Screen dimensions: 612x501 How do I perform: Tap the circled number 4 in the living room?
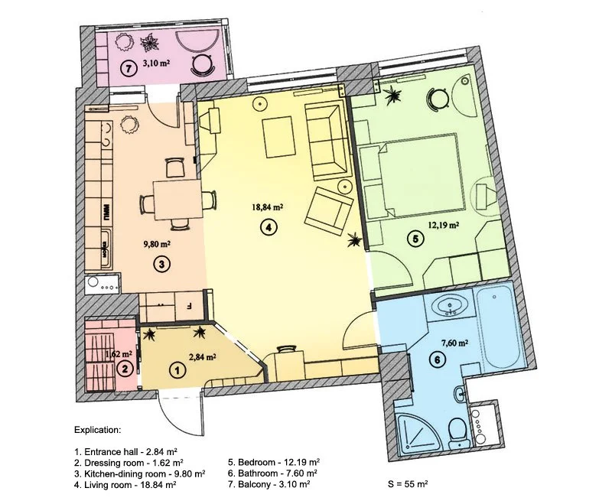[x=269, y=227]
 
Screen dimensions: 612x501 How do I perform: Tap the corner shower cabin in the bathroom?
[x=418, y=433]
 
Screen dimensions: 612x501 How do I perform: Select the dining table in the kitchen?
[x=178, y=200]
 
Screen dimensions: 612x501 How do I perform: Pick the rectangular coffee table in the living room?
[x=278, y=137]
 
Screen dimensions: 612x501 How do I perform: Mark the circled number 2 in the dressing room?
[x=125, y=369]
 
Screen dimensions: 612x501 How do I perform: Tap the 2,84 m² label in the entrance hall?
[x=203, y=356]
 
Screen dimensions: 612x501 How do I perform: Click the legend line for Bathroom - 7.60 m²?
[x=272, y=473]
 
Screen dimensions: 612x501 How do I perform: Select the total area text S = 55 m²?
[x=408, y=484]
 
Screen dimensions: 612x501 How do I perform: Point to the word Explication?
[x=98, y=431]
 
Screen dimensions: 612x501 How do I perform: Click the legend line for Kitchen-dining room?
[x=140, y=473]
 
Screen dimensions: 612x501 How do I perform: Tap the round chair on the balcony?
[x=202, y=64]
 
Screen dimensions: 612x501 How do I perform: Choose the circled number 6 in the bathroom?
[x=437, y=359]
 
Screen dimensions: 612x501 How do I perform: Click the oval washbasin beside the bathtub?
[x=451, y=304]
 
